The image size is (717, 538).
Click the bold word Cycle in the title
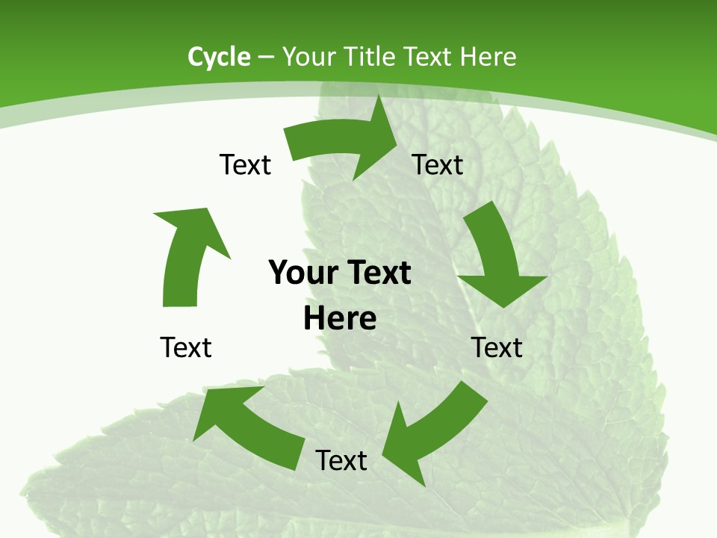[x=219, y=57]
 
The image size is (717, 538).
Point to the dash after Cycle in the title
[x=266, y=58]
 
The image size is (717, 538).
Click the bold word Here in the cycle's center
[x=340, y=319]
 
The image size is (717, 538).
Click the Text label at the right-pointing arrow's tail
[x=245, y=164]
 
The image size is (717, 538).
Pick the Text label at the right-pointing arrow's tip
[x=438, y=164]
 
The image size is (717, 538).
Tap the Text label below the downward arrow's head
[x=497, y=347]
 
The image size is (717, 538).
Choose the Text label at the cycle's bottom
[x=341, y=460]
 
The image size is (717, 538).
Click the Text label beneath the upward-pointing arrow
[x=186, y=347]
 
